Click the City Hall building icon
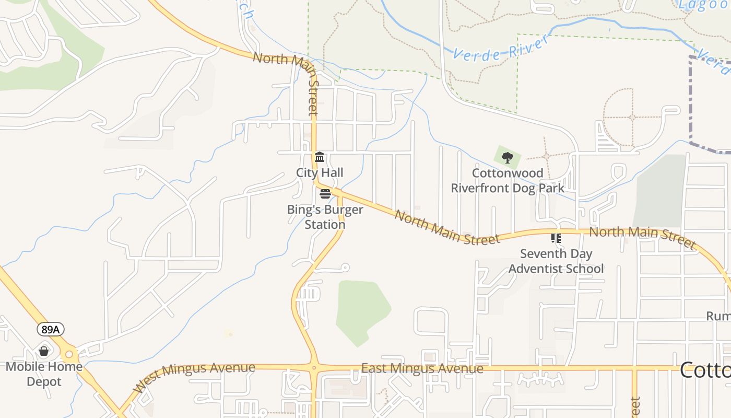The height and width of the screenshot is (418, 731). pyautogui.click(x=320, y=157)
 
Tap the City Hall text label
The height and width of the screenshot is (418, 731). pyautogui.click(x=320, y=172)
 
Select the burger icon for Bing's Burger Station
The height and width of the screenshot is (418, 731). pyautogui.click(x=325, y=194)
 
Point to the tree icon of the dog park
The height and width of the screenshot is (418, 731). pyautogui.click(x=507, y=157)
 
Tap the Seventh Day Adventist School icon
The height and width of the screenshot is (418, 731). pyautogui.click(x=556, y=238)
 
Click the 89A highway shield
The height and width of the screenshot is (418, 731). pyautogui.click(x=51, y=329)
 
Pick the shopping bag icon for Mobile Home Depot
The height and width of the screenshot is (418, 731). pyautogui.click(x=44, y=351)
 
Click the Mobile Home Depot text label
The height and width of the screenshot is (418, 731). pyautogui.click(x=44, y=374)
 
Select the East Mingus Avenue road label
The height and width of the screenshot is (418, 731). pyautogui.click(x=422, y=369)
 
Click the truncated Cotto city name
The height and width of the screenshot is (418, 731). pyautogui.click(x=705, y=370)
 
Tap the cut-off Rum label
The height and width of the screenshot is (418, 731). pyautogui.click(x=718, y=316)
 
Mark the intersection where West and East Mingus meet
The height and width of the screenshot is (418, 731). pyautogui.click(x=314, y=368)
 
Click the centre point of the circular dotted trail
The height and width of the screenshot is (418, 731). pyautogui.click(x=632, y=118)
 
